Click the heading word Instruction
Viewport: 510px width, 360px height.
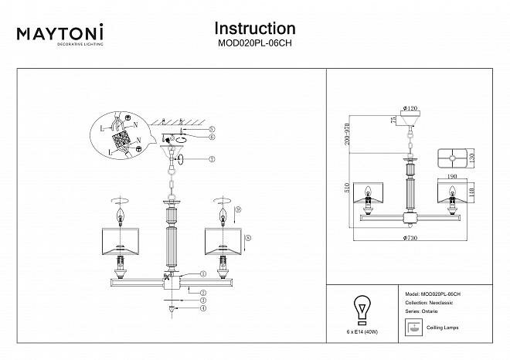pyautogui.click(x=254, y=29)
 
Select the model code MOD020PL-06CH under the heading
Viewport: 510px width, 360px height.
pyautogui.click(x=254, y=45)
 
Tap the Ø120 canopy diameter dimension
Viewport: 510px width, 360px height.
pyautogui.click(x=410, y=110)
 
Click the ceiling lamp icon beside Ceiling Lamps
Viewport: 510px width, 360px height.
pyautogui.click(x=414, y=326)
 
